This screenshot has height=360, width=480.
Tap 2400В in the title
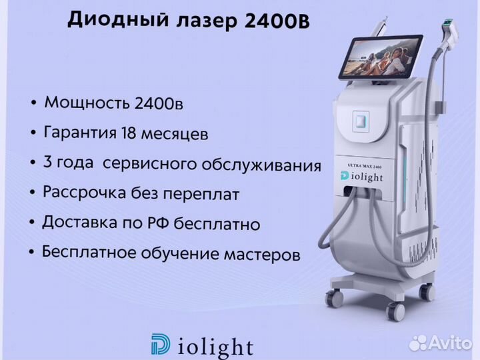click(x=277, y=21)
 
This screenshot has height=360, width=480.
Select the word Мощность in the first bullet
click(x=87, y=103)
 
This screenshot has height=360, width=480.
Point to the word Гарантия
click(x=80, y=133)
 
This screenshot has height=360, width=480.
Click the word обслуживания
click(x=261, y=165)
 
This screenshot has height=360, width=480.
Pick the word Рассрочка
click(x=84, y=193)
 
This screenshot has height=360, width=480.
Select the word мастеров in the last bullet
click(x=262, y=255)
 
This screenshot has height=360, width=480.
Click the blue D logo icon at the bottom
click(x=161, y=345)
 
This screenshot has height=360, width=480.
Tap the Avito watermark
click(x=440, y=343)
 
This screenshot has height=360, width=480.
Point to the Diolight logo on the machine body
click(x=361, y=176)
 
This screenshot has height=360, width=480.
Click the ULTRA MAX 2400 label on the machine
click(x=364, y=166)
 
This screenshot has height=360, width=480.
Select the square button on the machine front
click(x=361, y=121)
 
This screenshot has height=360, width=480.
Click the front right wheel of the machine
click(x=395, y=311)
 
